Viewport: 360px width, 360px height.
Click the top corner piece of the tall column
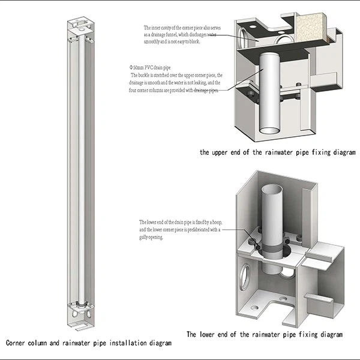80,27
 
